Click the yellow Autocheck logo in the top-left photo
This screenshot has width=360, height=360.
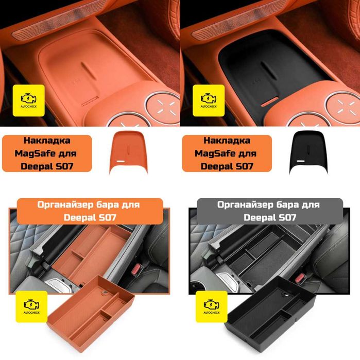coord(29,100)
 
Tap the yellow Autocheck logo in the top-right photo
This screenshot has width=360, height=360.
coord(209,100)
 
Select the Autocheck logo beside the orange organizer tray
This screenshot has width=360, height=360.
coord(31,306)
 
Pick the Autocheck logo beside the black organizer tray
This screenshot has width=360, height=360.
coord(212,306)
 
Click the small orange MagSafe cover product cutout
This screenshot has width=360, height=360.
coord(129,151)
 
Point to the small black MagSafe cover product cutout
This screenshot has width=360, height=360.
coord(308,151)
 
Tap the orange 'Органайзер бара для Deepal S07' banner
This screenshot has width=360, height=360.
coord(90,211)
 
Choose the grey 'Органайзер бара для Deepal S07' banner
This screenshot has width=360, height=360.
coord(270,211)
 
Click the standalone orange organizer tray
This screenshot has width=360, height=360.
coord(91,315)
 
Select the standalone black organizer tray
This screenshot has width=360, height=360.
coord(271,315)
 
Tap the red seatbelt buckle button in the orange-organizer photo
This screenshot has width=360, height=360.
coord(138,268)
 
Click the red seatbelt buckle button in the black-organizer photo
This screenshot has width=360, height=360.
coord(299,278)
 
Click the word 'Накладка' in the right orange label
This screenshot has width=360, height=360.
coord(227,140)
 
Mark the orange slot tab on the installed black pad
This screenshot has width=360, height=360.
coord(269,101)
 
